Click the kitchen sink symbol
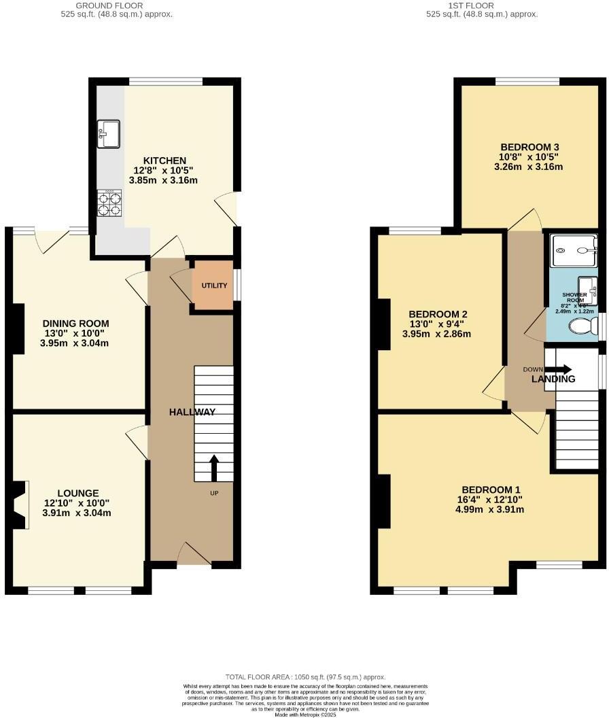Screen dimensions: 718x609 pyautogui.click(x=109, y=133)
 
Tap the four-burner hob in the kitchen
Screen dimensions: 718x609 pyautogui.click(x=109, y=203)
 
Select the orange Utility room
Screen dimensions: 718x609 pyautogui.click(x=211, y=286)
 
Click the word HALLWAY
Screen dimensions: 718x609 pyautogui.click(x=192, y=412)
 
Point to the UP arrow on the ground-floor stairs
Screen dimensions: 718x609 pyautogui.click(x=213, y=467)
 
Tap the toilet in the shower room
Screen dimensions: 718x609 pyautogui.click(x=583, y=328)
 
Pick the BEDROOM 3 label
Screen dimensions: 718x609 pyautogui.click(x=529, y=147)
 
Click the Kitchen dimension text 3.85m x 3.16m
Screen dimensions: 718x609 pyautogui.click(x=163, y=181)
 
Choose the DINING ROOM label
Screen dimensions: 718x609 pyautogui.click(x=75, y=324)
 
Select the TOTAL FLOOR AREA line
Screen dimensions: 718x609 pyautogui.click(x=306, y=677)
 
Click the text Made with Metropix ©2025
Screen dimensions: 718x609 pyautogui.click(x=306, y=714)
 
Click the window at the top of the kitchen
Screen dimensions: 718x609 pyautogui.click(x=165, y=82)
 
